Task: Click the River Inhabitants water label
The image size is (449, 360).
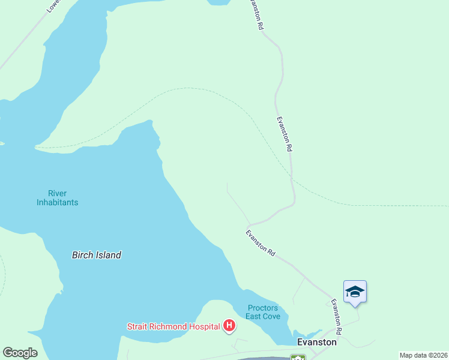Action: (x=57, y=198)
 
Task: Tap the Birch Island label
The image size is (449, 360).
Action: (x=96, y=255)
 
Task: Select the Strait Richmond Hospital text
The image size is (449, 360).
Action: (x=173, y=326)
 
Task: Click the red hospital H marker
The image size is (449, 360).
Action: (x=229, y=326)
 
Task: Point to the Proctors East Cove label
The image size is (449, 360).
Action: (x=263, y=312)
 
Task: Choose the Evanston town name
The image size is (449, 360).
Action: (x=317, y=341)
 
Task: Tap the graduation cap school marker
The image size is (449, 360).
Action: (x=355, y=292)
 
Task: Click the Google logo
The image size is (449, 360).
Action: (x=20, y=353)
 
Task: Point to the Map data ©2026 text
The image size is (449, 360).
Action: (x=423, y=355)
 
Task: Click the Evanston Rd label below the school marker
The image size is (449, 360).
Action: (x=336, y=317)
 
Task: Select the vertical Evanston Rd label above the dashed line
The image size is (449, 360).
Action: (x=285, y=133)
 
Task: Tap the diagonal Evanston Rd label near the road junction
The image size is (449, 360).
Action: (x=261, y=243)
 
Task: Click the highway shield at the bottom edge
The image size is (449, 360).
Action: (x=298, y=358)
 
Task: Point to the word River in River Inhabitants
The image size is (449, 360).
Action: (x=57, y=193)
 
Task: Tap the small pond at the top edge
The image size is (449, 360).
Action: (x=218, y=2)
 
